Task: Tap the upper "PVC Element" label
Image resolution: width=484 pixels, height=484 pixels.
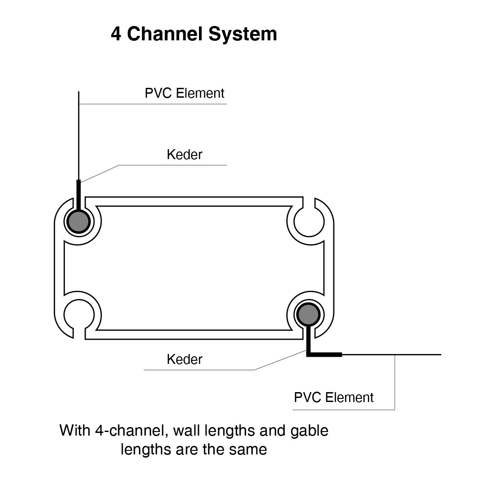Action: [184, 93]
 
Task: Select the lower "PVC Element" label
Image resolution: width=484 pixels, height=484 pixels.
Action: [333, 398]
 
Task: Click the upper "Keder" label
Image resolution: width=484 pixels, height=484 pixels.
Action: [184, 155]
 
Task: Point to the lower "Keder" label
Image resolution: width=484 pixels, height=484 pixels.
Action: [184, 359]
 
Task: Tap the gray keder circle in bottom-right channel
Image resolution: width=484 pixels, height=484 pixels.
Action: [308, 314]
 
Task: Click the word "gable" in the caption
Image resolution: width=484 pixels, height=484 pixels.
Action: [309, 431]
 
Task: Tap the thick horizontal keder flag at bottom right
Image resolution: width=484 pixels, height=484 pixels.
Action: [325, 354]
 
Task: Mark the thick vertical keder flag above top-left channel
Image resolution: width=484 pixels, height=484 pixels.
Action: [78, 195]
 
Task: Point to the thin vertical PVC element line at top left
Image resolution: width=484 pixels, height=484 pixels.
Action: [79, 134]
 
